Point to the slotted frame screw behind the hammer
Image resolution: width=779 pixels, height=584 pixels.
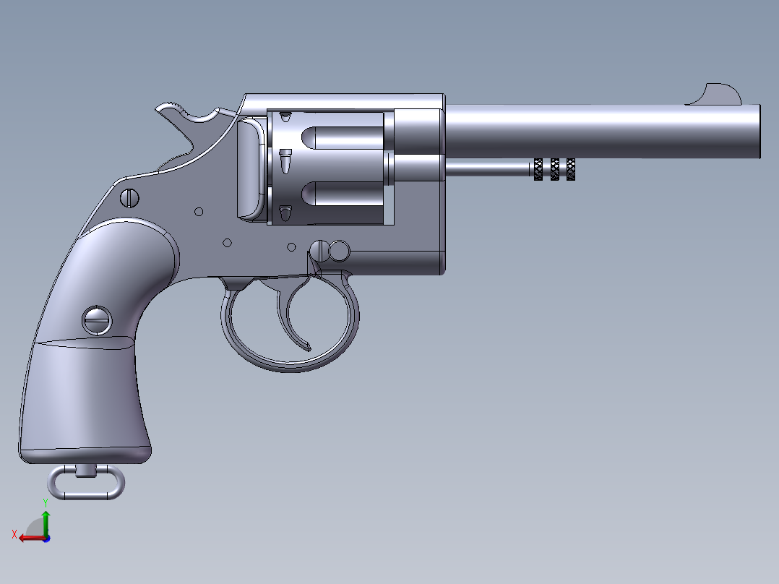(x=130, y=197)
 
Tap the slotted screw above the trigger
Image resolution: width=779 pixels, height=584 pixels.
(x=320, y=250)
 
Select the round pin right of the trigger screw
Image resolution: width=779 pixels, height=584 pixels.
(x=338, y=251)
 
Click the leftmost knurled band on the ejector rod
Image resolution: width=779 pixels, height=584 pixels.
(x=538, y=169)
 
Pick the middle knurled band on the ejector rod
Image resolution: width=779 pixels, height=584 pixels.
(x=555, y=169)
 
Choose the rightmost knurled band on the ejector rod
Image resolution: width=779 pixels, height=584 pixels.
(x=571, y=169)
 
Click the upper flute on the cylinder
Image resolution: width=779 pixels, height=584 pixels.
(x=340, y=137)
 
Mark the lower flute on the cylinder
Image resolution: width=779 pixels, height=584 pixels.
(x=340, y=193)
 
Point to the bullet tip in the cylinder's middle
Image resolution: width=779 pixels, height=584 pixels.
(x=285, y=160)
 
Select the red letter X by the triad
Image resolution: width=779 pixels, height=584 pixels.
(x=14, y=534)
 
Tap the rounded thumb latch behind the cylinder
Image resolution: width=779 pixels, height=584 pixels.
(x=249, y=168)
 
